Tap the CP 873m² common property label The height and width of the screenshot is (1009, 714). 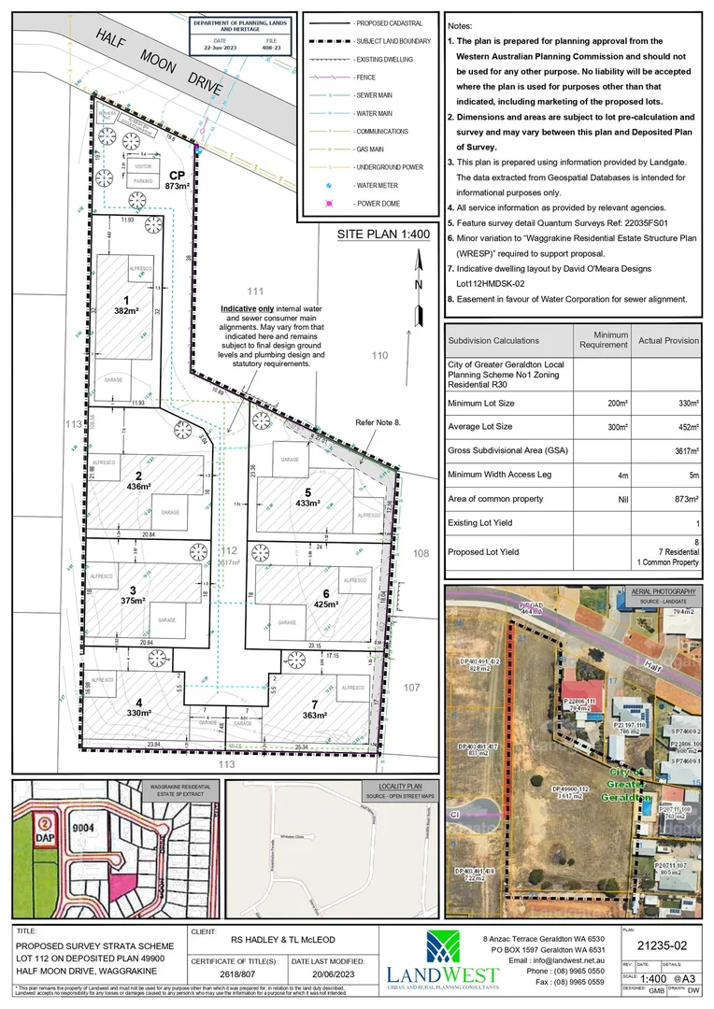pyautogui.click(x=177, y=180)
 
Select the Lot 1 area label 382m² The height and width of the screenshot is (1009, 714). pyautogui.click(x=126, y=305)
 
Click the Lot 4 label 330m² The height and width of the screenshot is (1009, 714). pyautogui.click(x=138, y=707)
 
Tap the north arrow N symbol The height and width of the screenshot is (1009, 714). pyautogui.click(x=419, y=283)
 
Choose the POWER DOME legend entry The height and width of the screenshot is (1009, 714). pyautogui.click(x=374, y=203)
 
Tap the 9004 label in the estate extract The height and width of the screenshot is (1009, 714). pyautogui.click(x=83, y=827)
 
